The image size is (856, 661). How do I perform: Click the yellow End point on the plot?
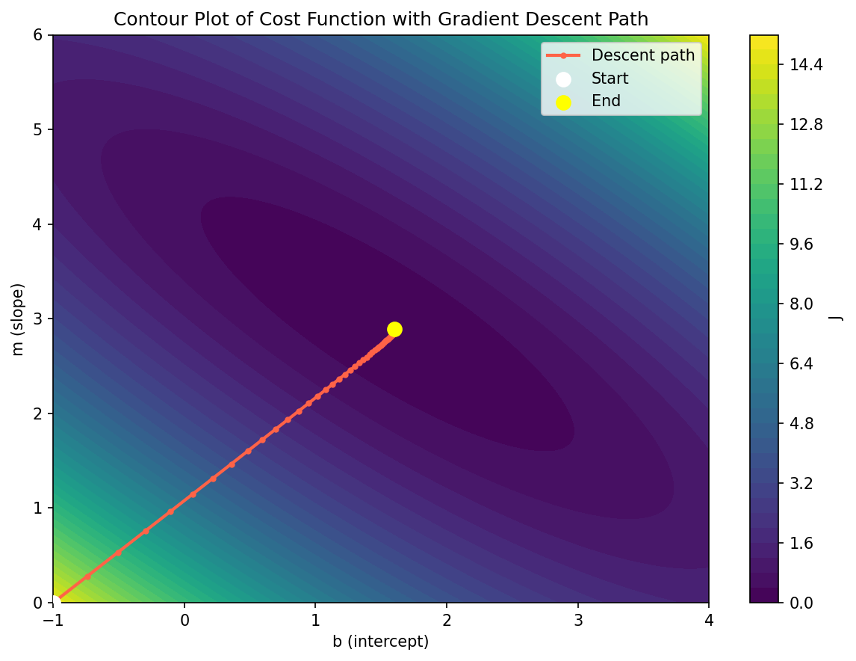tap(394, 329)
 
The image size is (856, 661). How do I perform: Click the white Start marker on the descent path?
tap(54, 601)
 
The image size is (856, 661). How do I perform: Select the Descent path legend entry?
tap(643, 55)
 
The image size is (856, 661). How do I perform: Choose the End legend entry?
tap(606, 101)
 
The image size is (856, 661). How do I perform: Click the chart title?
tap(381, 19)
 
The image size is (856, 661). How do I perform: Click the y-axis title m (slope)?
tap(19, 319)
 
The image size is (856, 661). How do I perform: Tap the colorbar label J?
tap(838, 319)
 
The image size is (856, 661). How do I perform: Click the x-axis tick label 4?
tap(709, 620)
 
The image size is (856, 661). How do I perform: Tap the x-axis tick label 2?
tap(447, 620)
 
